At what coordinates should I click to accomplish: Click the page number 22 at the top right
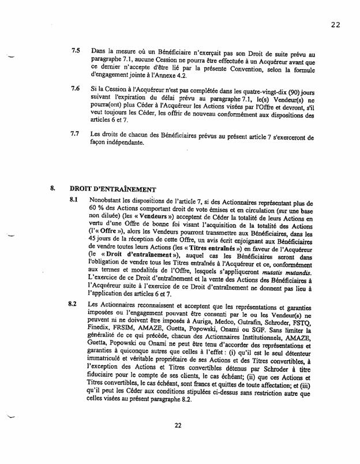336,24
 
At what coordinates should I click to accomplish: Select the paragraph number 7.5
75,51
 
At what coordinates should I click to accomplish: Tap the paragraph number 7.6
75,90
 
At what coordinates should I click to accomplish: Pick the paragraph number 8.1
73,200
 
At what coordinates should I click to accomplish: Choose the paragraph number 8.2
73,304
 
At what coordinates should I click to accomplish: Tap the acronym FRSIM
134,332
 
